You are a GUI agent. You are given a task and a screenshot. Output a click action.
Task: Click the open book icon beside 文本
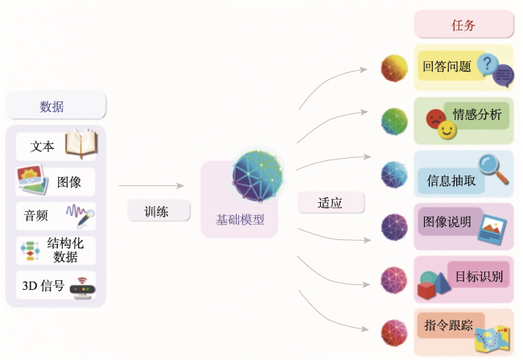pos(81,143)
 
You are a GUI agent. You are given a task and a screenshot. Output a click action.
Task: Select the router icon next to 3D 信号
pos(82,288)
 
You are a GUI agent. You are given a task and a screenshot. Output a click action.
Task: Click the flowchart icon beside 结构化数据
pos(31,250)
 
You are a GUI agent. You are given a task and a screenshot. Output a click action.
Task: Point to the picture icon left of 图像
pos(31,180)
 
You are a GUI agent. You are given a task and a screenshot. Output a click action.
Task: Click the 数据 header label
pos(51,107)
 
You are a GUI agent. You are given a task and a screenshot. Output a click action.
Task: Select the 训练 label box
pos(159,211)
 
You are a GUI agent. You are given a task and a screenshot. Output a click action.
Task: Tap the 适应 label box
pos(331,203)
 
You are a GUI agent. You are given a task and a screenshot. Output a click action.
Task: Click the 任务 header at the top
pos(463,24)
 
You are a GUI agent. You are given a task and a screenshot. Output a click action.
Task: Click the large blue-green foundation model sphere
pos(257,176)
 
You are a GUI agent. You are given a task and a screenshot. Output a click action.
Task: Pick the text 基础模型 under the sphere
pos(240,220)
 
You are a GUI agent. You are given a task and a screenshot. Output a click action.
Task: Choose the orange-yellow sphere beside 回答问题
pos(394,68)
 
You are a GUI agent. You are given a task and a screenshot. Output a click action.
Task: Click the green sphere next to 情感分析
pos(394,122)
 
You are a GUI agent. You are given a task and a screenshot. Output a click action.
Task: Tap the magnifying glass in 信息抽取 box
pos(493,168)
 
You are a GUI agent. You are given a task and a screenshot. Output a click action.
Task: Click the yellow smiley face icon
pos(447,130)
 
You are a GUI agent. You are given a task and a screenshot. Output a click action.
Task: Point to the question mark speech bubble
pos(488,64)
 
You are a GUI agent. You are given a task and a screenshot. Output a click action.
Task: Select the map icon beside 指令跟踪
pos(492,339)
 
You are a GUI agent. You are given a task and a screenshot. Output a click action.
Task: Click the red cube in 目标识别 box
pos(426,290)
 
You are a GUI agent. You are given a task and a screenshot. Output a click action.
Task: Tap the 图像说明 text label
pos(447,221)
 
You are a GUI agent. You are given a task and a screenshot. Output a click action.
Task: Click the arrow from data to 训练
pos(151,186)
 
